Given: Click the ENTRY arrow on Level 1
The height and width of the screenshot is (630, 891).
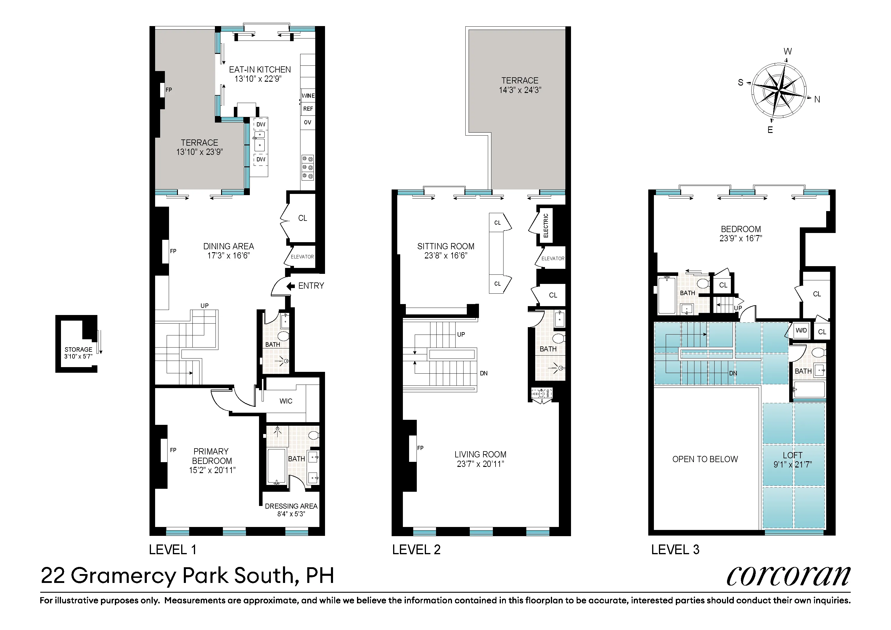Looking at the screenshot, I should coord(290,286).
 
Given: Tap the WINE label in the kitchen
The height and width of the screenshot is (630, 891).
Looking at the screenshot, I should coord(308,96).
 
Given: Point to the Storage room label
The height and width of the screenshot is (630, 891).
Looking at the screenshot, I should coord(78,349).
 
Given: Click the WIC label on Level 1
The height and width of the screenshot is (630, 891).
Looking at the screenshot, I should coord(286,401).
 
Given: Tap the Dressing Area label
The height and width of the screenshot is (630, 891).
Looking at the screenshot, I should coord(291,506).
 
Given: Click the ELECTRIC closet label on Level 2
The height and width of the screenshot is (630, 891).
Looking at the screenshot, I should coord(546,226).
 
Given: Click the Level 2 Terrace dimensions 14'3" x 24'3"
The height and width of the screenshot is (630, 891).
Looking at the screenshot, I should coord(520,90).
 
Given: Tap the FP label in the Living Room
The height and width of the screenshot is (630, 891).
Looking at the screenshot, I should coord(420,448).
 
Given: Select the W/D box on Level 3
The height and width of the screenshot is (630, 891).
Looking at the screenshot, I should coord(801,331).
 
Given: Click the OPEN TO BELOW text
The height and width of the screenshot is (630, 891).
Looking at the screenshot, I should coord(705,459).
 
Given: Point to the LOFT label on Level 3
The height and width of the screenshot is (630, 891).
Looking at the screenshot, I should coord(792,455).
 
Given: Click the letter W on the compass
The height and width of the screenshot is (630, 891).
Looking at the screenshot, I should coord(787,51).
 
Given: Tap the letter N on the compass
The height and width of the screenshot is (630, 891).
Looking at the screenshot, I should coord(817,99).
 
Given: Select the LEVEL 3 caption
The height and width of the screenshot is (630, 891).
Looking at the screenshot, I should coord(675,550).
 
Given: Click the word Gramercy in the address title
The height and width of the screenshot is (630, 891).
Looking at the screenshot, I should coord(124,576).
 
